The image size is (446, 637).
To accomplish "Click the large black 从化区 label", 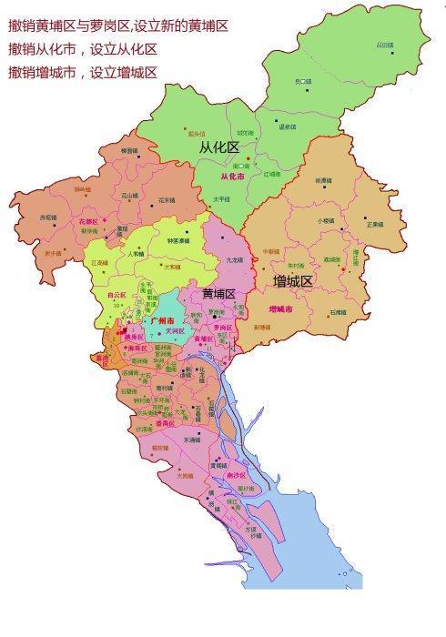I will pos(218,146).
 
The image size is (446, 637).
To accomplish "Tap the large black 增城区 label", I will pos(293,282).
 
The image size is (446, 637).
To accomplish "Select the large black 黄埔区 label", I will pos(218,294).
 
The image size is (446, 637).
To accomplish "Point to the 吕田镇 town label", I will pos(385,44).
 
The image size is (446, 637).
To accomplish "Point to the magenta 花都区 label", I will pos(87,221).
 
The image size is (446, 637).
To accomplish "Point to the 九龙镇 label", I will pos(234,260).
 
